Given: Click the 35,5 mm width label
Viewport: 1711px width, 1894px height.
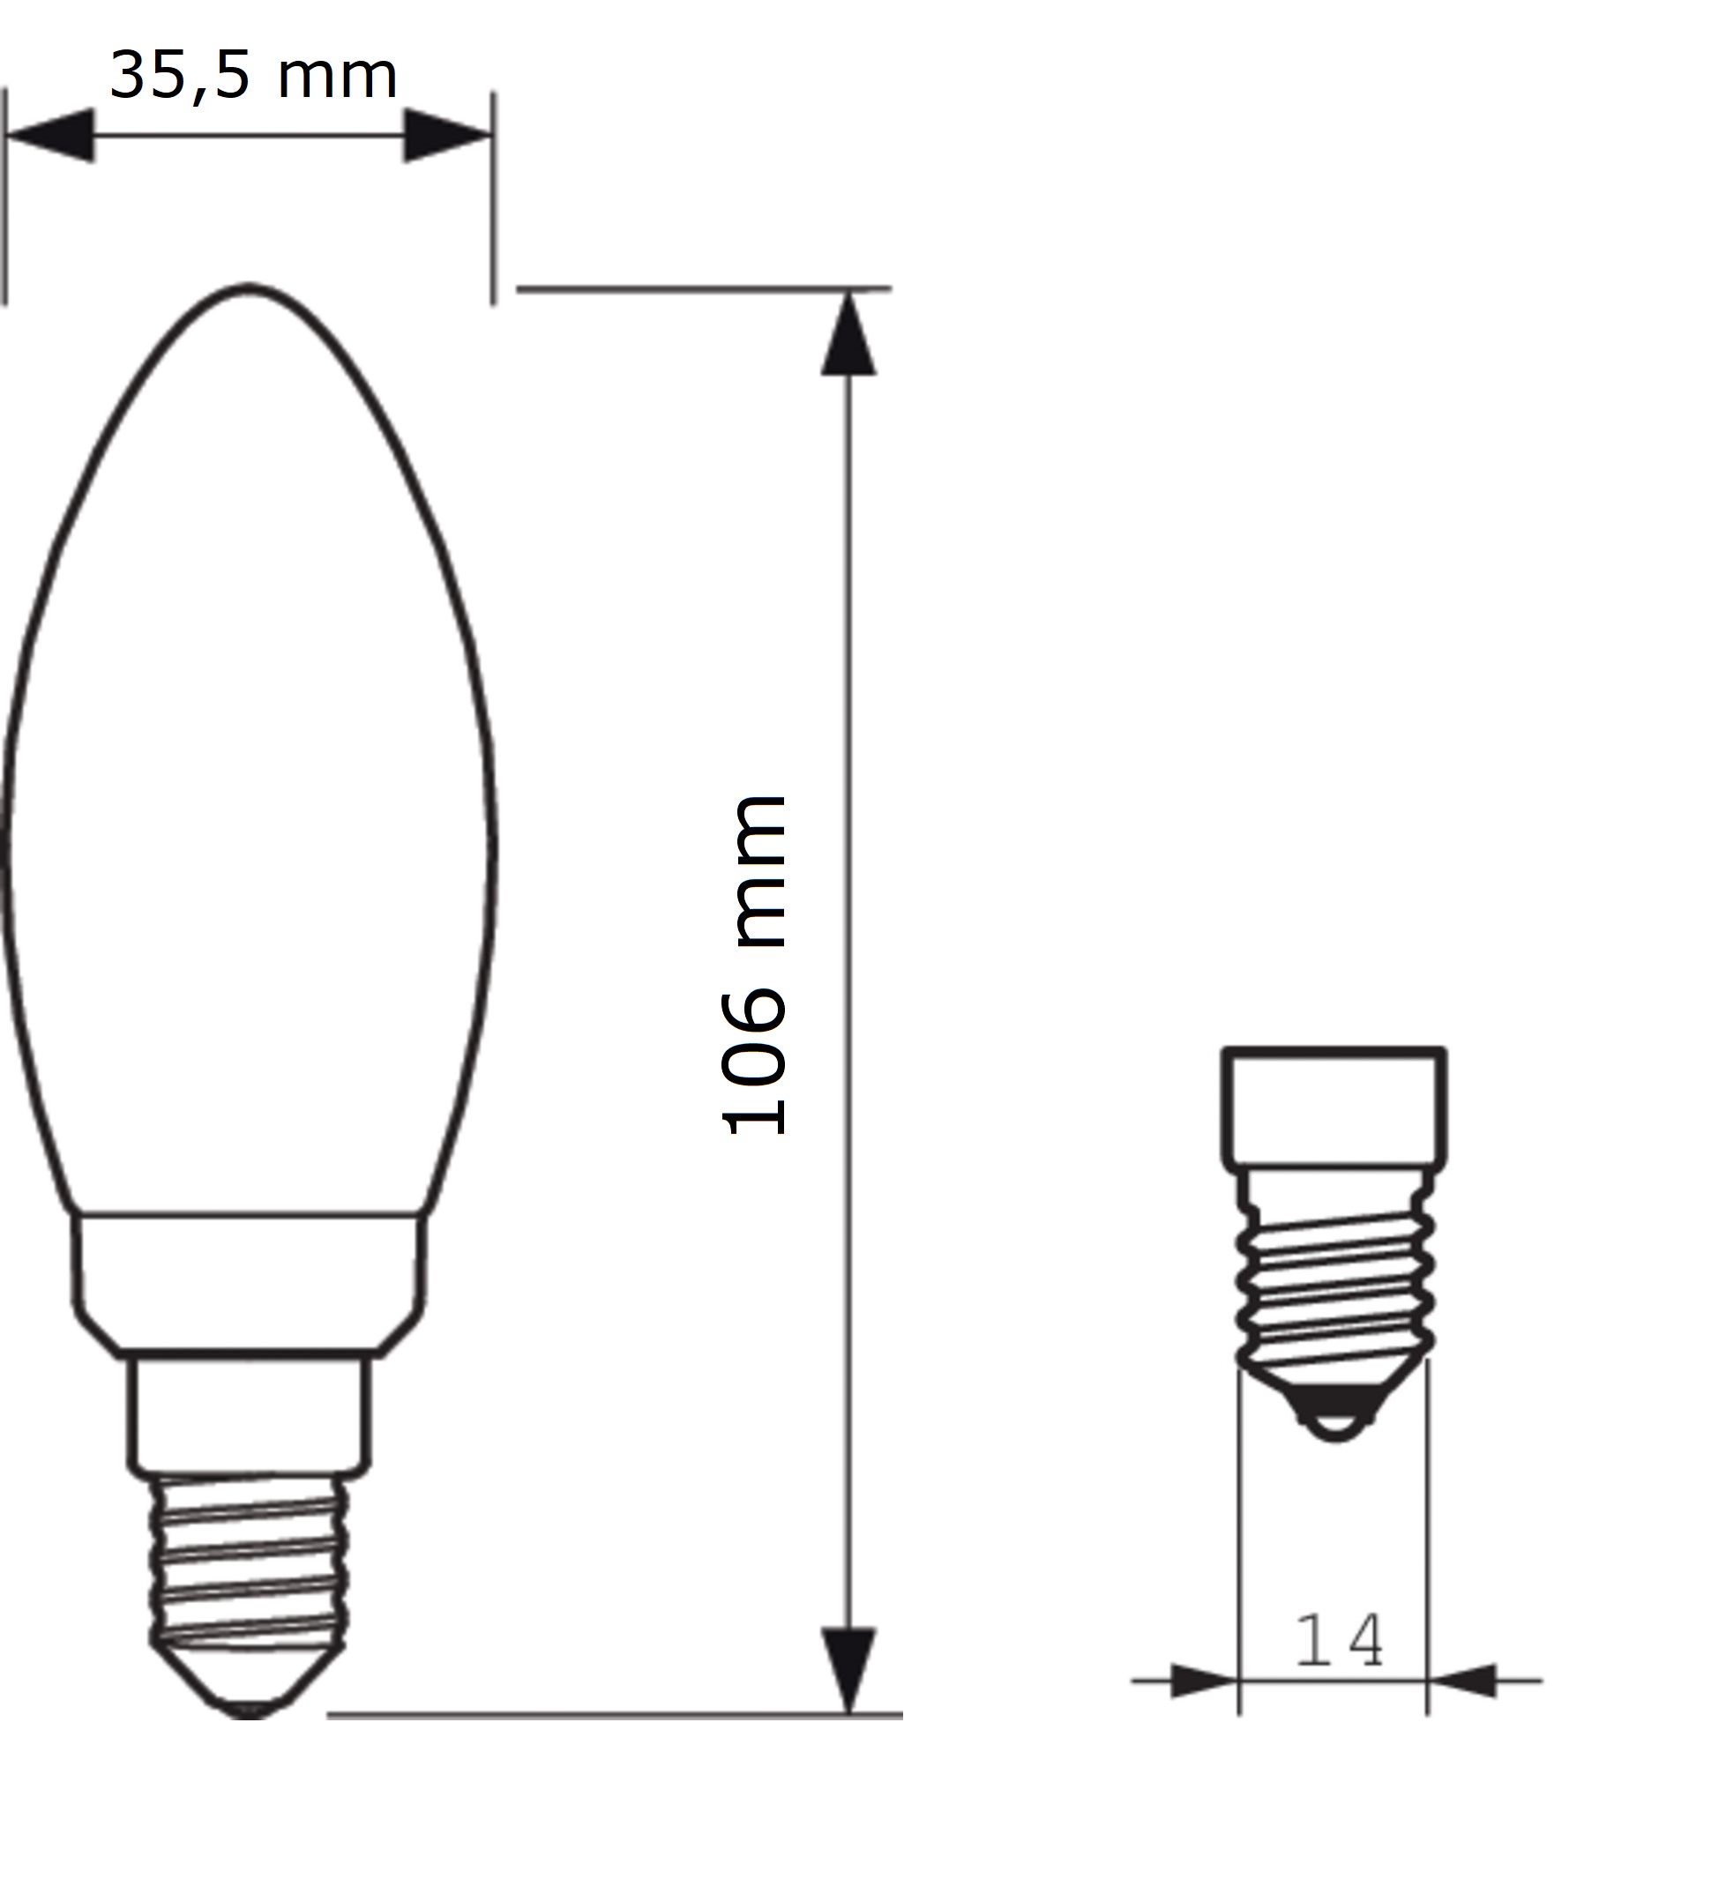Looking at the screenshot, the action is point(254,76).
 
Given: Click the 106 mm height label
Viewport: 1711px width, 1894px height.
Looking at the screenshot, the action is point(752,966).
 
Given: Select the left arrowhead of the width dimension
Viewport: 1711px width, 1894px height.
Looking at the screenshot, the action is point(51,136).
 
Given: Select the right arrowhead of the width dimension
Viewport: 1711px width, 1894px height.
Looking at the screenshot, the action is point(448,136).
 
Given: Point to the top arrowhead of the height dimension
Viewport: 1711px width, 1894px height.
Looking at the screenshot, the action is point(848,333).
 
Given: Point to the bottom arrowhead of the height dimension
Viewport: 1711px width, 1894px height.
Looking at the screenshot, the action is point(848,1670).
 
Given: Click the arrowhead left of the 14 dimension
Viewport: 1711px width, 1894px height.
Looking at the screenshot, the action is point(1205,1681).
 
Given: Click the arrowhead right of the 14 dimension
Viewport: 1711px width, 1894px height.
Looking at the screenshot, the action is point(1462,1681).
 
